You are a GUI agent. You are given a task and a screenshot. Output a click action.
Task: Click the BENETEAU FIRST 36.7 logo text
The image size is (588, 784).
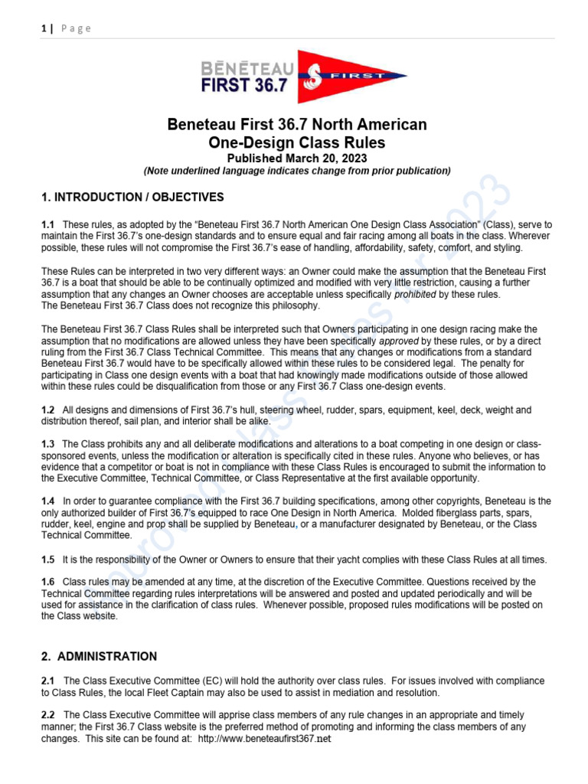[x=244, y=76]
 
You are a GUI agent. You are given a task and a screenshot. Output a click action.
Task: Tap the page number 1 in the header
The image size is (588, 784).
[x=44, y=28]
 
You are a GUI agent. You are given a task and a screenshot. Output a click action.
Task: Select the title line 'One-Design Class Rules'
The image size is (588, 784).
[x=297, y=142]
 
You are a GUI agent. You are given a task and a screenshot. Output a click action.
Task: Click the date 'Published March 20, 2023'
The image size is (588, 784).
[x=297, y=158]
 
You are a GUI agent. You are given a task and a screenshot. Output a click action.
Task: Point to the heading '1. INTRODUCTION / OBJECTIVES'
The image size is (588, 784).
[x=132, y=198]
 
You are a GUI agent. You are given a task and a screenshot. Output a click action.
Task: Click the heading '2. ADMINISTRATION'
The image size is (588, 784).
[x=100, y=656]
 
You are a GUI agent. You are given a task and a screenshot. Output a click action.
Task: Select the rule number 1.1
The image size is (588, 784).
[x=47, y=224]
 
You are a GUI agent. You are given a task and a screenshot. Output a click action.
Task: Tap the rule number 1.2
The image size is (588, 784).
[x=47, y=410]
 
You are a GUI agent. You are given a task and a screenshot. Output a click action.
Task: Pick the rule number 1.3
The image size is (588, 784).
[x=47, y=444]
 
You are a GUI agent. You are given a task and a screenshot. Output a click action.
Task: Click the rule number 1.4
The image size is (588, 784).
[x=47, y=501]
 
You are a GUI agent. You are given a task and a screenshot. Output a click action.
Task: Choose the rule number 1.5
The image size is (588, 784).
[x=47, y=560]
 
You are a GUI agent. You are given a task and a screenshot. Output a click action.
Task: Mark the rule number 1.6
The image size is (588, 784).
[x=47, y=583]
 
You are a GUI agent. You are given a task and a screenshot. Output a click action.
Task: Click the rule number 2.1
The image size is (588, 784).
[x=47, y=681]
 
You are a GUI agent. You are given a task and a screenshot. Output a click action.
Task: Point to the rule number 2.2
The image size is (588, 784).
[x=47, y=715]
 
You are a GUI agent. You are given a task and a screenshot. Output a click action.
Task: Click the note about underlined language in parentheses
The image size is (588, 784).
[x=297, y=171]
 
